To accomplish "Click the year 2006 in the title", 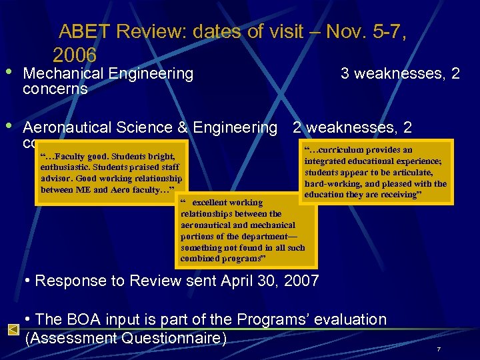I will [x=75, y=55].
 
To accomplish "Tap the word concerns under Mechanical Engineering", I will [x=55, y=89].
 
